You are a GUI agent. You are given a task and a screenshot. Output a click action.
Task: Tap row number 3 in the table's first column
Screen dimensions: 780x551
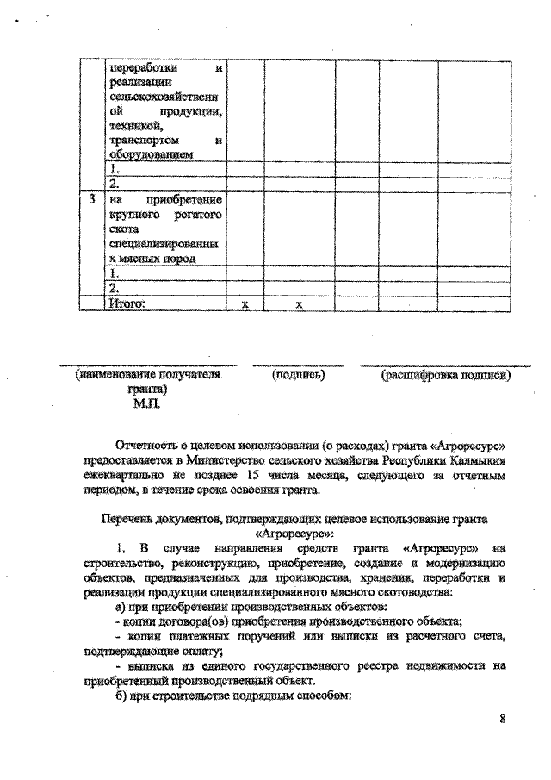tap(91, 199)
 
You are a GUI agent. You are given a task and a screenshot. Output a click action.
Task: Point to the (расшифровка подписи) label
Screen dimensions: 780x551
tap(446, 375)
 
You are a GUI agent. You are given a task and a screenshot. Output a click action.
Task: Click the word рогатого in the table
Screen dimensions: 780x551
tap(195, 214)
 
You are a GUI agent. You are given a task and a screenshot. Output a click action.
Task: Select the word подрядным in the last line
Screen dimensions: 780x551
tap(257, 695)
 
